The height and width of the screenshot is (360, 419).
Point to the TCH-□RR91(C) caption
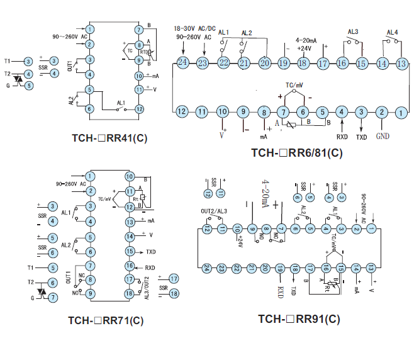(299, 319)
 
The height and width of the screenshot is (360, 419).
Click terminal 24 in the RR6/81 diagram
(183, 62)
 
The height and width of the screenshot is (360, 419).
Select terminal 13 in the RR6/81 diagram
(402, 63)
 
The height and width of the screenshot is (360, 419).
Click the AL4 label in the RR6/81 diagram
(393, 32)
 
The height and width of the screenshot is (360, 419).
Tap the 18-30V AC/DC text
(194, 29)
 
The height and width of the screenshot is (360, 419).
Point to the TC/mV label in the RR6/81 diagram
(294, 84)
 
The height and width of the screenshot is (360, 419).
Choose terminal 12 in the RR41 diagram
(138, 108)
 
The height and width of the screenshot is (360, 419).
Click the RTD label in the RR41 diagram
(145, 52)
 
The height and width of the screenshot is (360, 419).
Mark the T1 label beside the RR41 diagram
(8, 61)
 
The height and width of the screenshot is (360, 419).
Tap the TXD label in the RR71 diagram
(151, 252)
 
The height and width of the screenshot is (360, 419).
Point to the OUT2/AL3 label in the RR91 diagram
(214, 210)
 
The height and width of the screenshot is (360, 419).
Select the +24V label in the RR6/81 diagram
(305, 48)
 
